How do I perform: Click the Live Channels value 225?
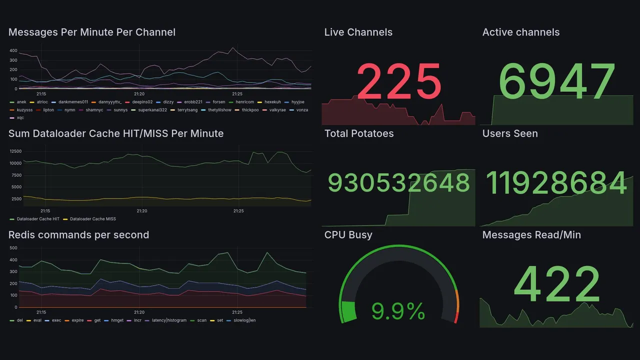tap(399, 82)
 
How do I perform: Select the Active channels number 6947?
tap(557, 82)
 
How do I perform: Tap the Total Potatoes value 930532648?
tap(399, 183)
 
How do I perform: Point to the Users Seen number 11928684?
tap(556, 183)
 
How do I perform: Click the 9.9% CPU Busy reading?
tap(398, 312)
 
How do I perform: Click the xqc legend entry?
tap(20, 118)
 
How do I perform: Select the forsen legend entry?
tap(218, 102)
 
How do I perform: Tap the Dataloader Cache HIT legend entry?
tap(37, 219)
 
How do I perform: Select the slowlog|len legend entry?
tap(244, 320)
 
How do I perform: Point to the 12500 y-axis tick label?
tap(15, 151)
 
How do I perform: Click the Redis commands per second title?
tap(78, 235)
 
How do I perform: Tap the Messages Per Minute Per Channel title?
tap(92, 32)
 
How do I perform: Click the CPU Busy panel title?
tap(348, 235)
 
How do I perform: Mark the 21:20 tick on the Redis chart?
tap(139, 312)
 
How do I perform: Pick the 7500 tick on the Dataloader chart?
tap(16, 175)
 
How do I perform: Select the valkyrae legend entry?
tap(277, 110)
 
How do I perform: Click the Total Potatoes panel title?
tap(358, 133)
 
